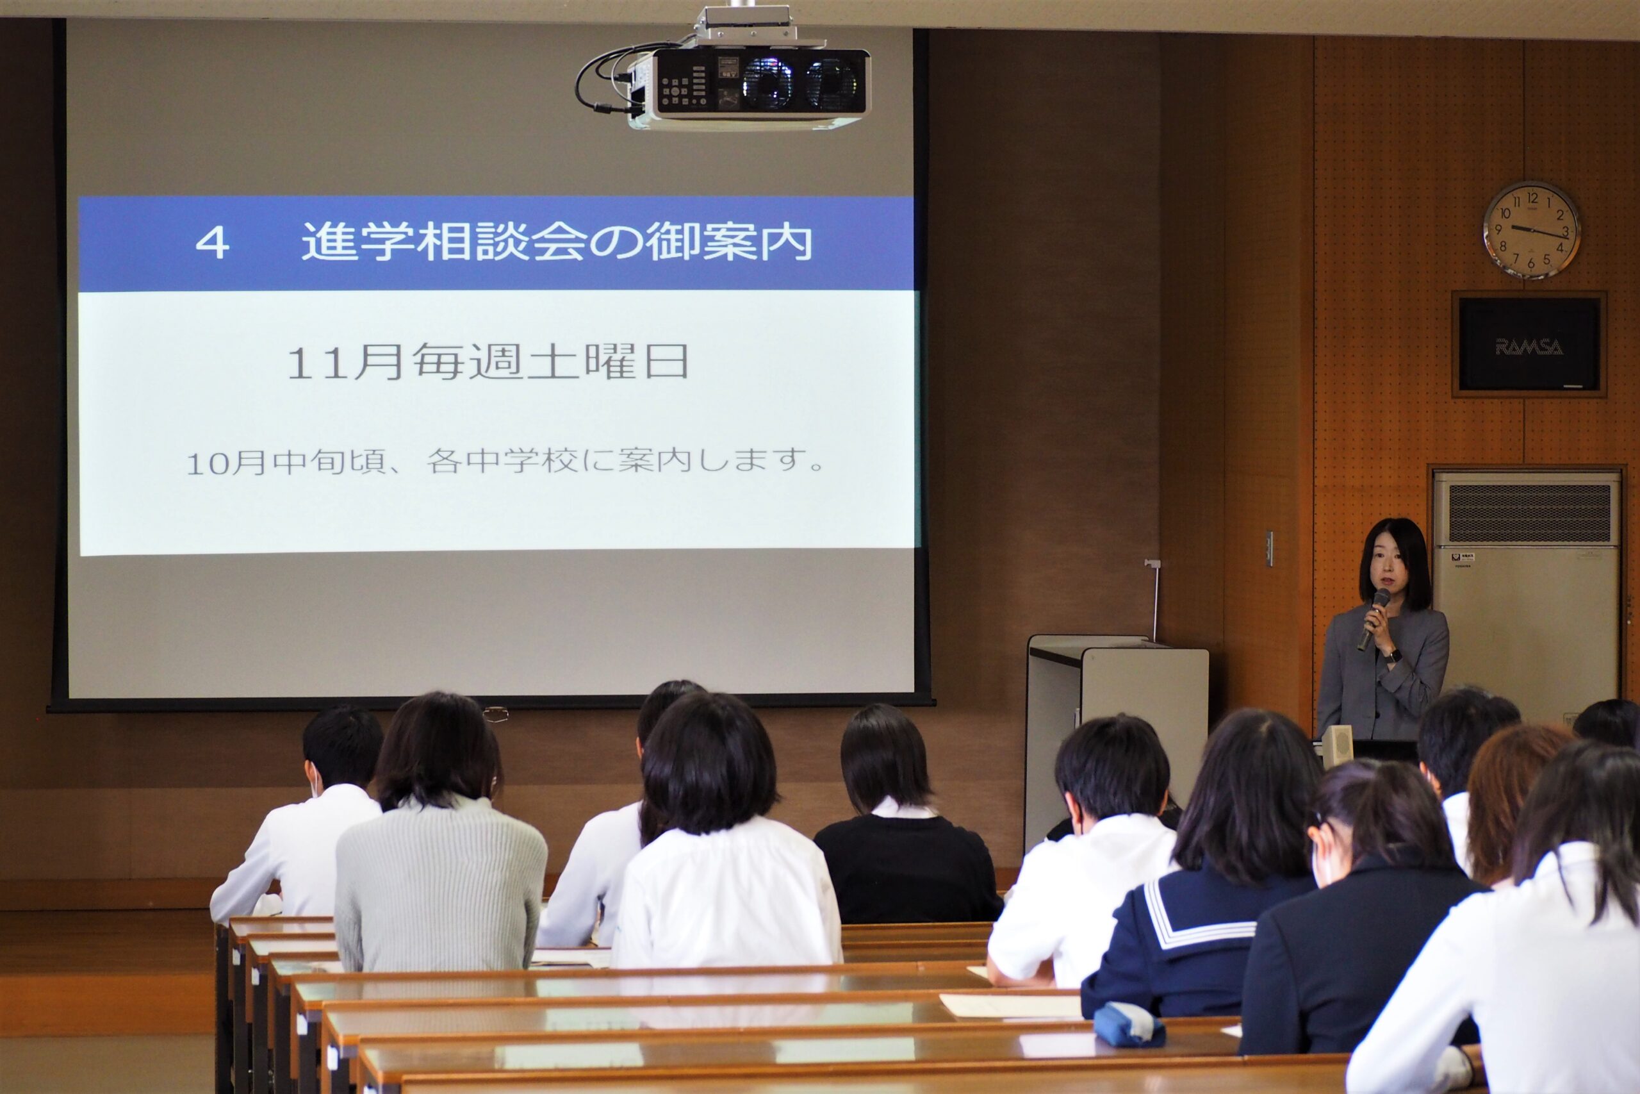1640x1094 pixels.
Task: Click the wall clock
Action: (1531, 230)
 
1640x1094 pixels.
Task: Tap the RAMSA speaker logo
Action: (1529, 346)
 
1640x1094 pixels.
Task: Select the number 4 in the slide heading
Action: (213, 244)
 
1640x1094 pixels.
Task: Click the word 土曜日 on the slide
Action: (607, 361)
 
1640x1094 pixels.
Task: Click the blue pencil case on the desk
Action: (1128, 1025)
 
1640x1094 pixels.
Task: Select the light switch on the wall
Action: (1269, 549)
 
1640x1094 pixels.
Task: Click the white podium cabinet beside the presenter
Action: (1115, 740)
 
